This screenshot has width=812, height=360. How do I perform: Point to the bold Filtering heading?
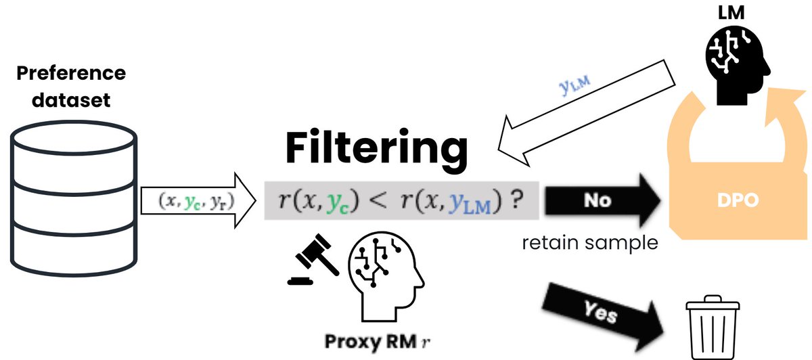coord(376,147)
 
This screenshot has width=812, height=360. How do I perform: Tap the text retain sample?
coord(589,242)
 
